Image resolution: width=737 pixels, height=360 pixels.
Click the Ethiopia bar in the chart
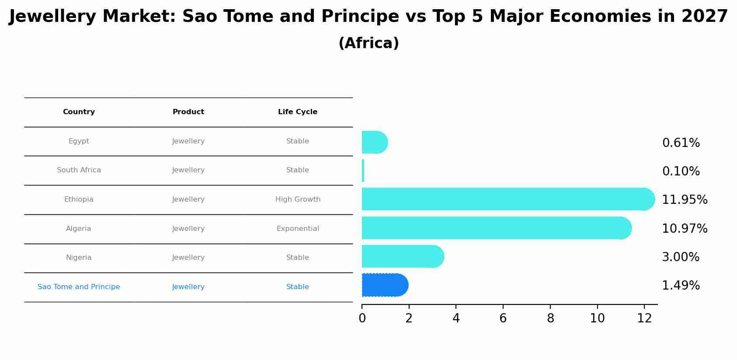click(x=508, y=199)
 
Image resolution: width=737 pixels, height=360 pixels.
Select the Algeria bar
click(x=497, y=228)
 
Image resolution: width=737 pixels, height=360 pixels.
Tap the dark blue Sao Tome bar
click(x=385, y=285)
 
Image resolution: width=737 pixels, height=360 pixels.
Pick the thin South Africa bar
click(x=363, y=171)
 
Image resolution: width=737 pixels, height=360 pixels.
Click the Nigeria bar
click(x=403, y=256)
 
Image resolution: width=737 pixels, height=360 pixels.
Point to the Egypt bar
click(x=375, y=142)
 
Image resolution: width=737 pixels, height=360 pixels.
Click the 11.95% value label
click(x=685, y=199)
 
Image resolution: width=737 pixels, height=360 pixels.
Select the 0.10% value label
click(x=681, y=171)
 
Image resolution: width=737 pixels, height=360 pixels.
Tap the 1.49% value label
click(x=681, y=285)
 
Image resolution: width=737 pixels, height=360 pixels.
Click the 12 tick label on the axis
click(x=644, y=318)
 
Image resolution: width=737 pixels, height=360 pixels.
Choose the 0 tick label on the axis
click(x=362, y=318)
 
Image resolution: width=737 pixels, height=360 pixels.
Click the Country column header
click(x=79, y=112)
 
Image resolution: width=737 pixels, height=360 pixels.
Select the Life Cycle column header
click(x=297, y=112)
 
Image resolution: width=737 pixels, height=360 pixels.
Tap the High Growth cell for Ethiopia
click(x=298, y=199)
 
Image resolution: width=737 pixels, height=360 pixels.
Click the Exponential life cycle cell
click(x=298, y=229)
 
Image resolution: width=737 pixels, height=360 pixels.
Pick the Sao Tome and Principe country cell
click(x=79, y=287)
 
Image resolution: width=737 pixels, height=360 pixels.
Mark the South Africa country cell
click(x=79, y=170)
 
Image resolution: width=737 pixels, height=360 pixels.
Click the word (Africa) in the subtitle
click(x=368, y=43)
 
